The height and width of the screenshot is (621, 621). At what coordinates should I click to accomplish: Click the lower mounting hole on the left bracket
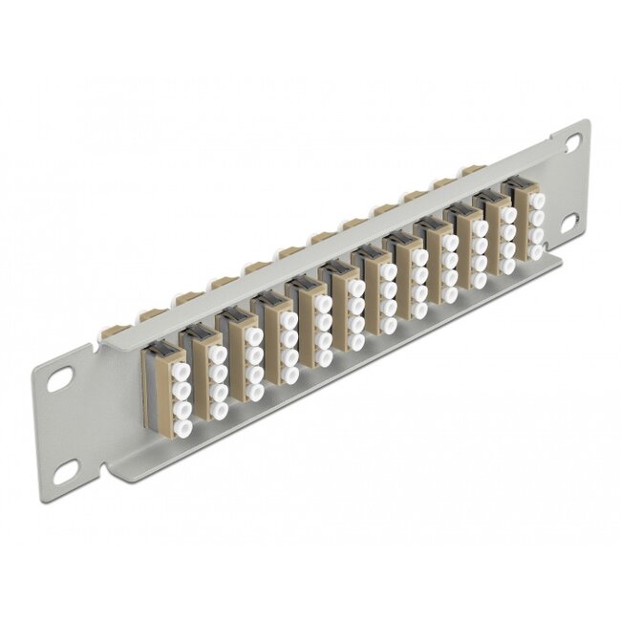[67, 470]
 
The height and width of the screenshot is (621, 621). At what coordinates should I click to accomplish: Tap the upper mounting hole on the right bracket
[572, 141]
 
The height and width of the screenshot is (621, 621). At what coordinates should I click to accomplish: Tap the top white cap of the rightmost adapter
[537, 200]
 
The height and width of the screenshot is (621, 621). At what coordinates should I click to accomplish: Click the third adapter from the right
[466, 249]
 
